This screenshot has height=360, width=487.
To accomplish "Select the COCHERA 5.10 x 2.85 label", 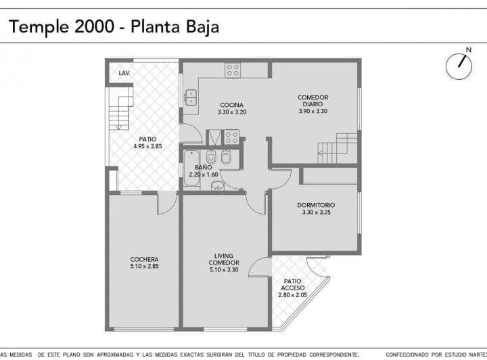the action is (145, 263).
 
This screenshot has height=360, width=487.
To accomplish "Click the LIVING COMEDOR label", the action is (224, 263).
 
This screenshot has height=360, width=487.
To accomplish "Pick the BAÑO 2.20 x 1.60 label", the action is (204, 171).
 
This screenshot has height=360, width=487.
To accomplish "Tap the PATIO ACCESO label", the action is (293, 288).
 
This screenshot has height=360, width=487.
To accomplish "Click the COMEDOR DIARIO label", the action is (312, 104).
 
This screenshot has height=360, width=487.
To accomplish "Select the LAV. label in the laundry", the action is (124, 73).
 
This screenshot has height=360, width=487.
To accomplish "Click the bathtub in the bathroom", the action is (191, 168).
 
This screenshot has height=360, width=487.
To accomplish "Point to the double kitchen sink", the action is (191, 97).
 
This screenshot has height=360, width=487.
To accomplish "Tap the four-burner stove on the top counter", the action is (233, 70).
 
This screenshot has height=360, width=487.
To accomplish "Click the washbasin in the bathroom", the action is (218, 185).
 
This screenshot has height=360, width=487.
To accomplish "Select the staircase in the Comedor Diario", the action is (338, 148).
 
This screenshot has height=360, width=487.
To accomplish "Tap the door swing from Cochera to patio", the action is (168, 203).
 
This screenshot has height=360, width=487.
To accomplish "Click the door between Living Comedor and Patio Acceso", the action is (260, 267).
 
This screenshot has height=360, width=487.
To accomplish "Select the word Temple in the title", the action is (39, 27).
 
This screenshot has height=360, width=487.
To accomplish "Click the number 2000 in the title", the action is (95, 26).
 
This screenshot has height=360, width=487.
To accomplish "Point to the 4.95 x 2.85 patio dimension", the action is (148, 146).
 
